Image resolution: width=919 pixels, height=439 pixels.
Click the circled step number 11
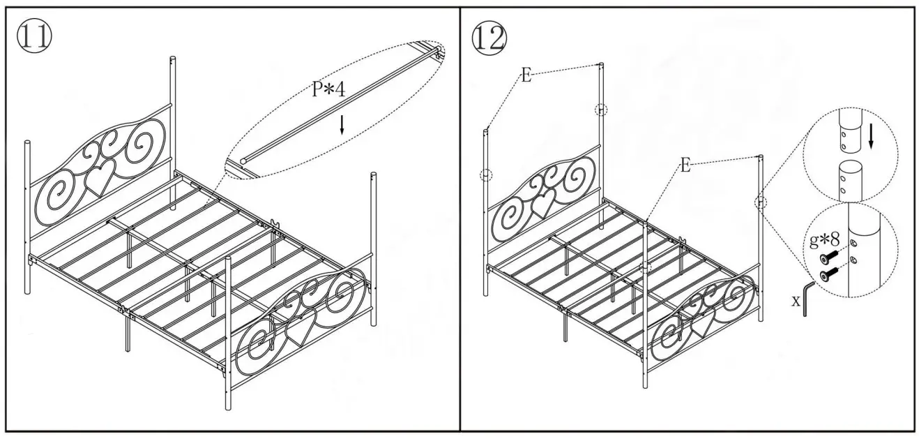pyautogui.click(x=33, y=37)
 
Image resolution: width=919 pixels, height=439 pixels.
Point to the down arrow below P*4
pyautogui.click(x=342, y=125)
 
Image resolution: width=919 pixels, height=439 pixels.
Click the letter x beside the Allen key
pyautogui.click(x=795, y=301)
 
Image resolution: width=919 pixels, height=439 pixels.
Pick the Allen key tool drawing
pyautogui.click(x=807, y=297)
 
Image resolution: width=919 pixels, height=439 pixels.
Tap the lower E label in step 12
pyautogui.click(x=686, y=165)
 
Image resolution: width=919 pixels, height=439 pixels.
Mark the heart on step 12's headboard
pyautogui.click(x=542, y=201)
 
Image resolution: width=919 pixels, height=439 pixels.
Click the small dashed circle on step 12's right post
pyautogui.click(x=760, y=202)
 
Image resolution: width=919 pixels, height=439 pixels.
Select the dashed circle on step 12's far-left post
pyautogui.click(x=486, y=175)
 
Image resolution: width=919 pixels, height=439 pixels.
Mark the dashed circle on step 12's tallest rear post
pyautogui.click(x=601, y=110)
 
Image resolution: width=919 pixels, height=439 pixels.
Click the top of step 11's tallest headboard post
pyautogui.click(x=173, y=59)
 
